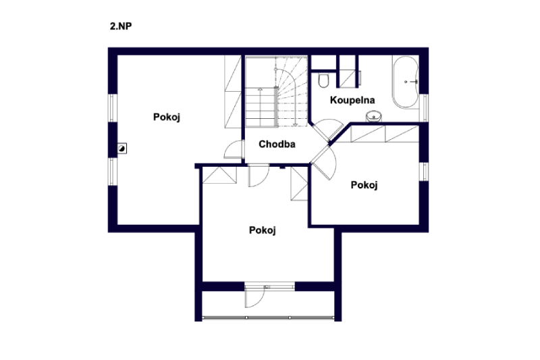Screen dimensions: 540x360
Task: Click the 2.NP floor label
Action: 121,26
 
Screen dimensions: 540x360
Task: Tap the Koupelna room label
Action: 352,100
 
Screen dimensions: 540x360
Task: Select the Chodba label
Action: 277,144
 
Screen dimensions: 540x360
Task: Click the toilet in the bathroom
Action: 323,80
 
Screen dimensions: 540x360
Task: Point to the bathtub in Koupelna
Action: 406,82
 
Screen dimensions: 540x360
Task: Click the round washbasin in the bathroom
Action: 374,116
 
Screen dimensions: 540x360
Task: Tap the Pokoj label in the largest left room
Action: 167,117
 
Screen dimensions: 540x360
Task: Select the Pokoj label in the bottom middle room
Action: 263,230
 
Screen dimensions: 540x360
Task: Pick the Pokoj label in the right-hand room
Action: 364,185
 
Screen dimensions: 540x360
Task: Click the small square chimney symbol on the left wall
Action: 122,149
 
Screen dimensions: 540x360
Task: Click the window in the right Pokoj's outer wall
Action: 425,171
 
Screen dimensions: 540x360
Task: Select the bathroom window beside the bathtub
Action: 425,108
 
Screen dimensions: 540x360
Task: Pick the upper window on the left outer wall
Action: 112,107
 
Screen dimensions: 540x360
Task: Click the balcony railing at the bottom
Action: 268,317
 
